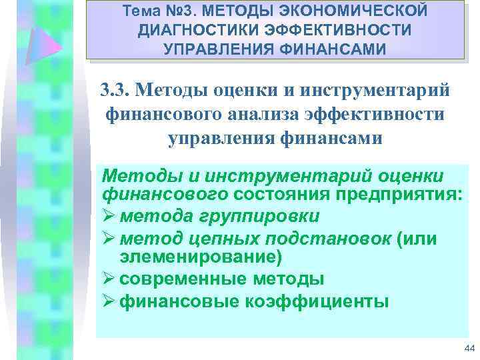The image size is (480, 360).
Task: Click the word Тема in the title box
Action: click(x=143, y=11)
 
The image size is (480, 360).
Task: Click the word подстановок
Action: click(x=328, y=238)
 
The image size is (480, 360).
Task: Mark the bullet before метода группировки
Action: click(x=108, y=217)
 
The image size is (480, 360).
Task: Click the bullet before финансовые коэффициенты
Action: click(x=108, y=299)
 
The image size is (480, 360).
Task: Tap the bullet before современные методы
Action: click(x=108, y=278)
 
